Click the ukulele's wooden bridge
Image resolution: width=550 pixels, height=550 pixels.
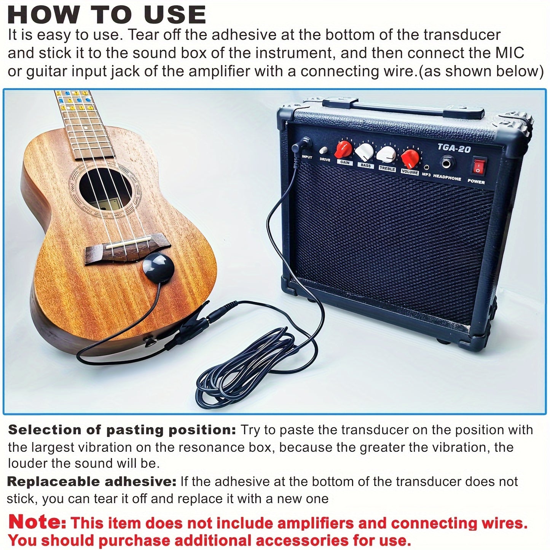coord(127,248)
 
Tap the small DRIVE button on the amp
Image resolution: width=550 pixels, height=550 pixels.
coord(324,150)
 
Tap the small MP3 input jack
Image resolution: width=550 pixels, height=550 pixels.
coord(427,167)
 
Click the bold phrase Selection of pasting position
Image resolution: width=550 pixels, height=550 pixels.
coord(122,430)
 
